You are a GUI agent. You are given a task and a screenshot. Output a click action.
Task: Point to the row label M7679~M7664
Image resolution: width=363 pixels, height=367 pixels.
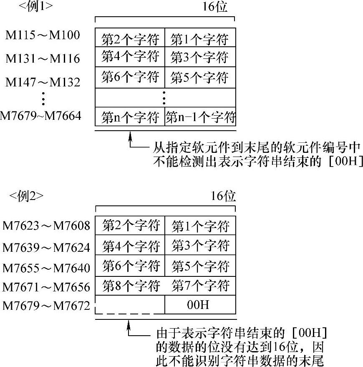[40, 115]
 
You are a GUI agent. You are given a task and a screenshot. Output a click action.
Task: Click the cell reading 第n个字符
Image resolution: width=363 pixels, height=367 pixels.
[131, 118]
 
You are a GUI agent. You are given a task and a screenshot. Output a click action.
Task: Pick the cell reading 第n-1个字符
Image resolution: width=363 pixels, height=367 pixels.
[201, 118]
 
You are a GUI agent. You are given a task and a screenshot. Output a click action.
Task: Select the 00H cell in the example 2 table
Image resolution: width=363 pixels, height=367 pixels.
[200, 305]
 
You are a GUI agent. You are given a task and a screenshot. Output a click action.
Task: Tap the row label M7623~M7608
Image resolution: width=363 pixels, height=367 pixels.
[46, 226]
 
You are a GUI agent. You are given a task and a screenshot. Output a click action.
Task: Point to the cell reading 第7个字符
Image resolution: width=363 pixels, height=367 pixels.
[201, 286]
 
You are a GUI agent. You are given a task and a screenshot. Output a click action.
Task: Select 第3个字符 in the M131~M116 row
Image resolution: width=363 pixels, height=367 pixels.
[200, 57]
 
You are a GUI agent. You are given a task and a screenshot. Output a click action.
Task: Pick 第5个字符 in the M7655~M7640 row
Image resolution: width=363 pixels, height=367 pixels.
[201, 266]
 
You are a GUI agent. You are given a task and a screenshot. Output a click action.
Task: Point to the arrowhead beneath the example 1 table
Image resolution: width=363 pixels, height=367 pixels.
[130, 137]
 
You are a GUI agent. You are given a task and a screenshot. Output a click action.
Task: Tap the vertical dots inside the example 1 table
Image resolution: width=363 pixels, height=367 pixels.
[165, 98]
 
